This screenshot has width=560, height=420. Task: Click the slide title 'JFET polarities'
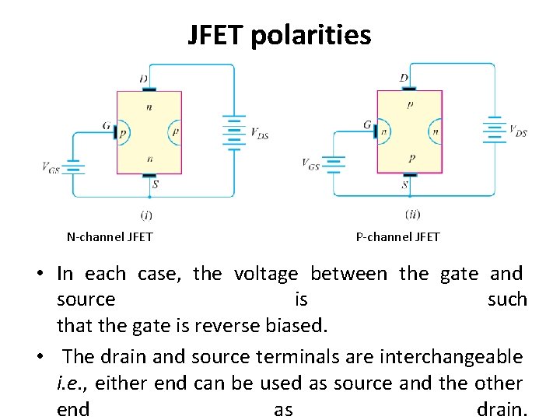click(x=279, y=35)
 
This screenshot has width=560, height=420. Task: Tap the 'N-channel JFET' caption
click(x=110, y=236)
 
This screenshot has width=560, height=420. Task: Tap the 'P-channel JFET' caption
click(x=397, y=236)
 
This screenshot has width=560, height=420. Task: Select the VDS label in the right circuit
click(x=518, y=131)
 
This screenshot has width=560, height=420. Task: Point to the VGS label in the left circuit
click(x=51, y=166)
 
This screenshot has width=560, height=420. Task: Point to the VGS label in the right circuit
click(x=310, y=163)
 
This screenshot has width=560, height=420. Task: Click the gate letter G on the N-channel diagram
click(x=106, y=124)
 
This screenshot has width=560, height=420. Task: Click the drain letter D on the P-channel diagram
click(x=404, y=78)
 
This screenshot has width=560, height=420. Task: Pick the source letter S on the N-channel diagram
click(x=156, y=185)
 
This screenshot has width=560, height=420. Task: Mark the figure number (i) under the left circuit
click(x=146, y=214)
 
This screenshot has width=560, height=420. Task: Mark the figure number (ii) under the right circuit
click(x=414, y=214)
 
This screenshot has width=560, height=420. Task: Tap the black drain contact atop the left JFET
click(x=149, y=89)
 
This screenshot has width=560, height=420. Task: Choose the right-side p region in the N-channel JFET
click(x=175, y=132)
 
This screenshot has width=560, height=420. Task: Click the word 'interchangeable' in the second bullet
click(x=451, y=357)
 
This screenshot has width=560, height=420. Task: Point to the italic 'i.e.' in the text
click(x=71, y=383)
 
